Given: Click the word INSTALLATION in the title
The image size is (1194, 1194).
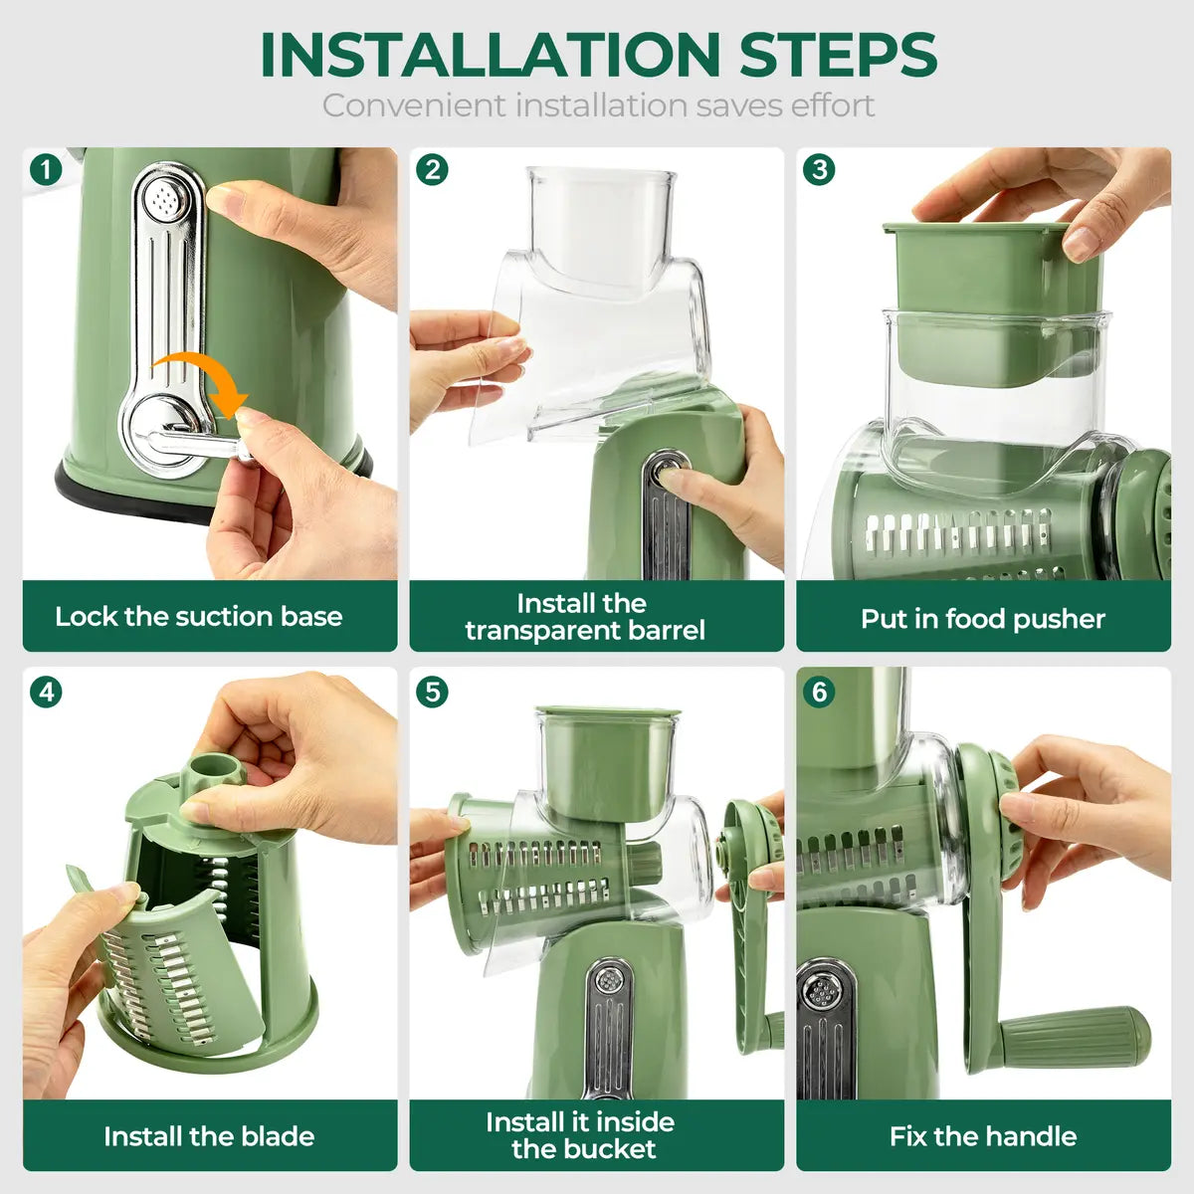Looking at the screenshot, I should tap(490, 55).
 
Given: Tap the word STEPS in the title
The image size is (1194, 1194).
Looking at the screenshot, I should tap(838, 55).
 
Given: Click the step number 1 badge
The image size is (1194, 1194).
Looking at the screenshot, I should tap(45, 169).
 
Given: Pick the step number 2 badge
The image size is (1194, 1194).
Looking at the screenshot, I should tap(432, 169).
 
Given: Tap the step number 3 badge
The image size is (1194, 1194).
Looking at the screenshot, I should tap(819, 169).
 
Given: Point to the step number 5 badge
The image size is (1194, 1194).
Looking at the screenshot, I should tap(432, 692).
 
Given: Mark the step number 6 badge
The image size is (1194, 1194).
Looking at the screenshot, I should tap(819, 692).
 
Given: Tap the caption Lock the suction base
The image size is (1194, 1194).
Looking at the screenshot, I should tap(199, 617).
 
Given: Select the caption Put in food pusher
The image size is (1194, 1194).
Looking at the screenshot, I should tap(983, 619).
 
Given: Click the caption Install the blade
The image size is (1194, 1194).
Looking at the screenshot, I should tap(209, 1136).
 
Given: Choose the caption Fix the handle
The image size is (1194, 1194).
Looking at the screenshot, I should tap(983, 1136).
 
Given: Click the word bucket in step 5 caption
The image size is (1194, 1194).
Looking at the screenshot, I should tap(606, 1150).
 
